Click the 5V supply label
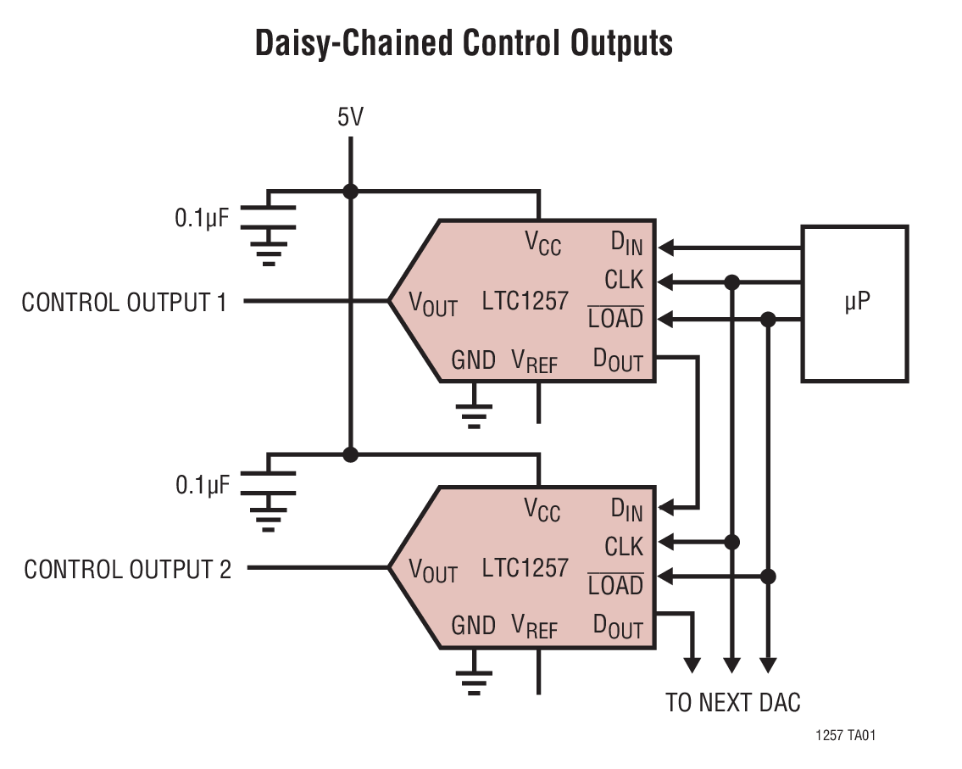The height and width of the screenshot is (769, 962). click(350, 117)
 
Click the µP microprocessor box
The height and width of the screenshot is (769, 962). click(854, 303)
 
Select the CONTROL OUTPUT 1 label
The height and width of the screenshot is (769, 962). click(125, 303)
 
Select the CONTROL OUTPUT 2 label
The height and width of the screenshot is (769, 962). click(127, 569)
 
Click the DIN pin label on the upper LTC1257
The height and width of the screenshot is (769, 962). click(626, 244)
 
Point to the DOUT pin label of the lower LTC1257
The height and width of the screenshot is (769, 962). click(618, 627)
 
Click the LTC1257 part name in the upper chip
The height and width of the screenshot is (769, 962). click(525, 300)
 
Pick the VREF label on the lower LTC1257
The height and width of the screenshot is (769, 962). click(534, 627)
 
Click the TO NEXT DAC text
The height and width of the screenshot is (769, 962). click(732, 702)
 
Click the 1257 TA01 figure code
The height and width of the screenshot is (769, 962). click(846, 736)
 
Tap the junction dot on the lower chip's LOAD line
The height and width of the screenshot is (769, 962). click(768, 577)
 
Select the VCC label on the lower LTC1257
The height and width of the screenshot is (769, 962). click(542, 510)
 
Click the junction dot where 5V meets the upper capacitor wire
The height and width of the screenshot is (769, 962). click(350, 192)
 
